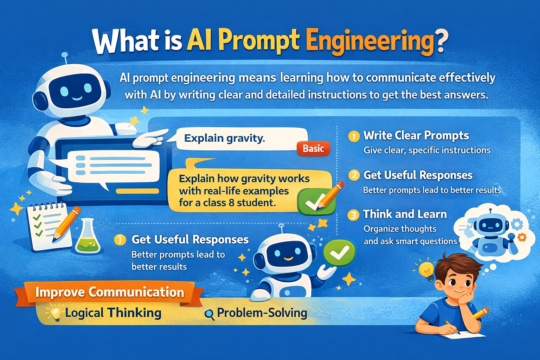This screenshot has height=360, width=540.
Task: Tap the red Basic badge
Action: pos(313,148)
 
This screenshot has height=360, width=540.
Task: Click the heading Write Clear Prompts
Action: pos(416,136)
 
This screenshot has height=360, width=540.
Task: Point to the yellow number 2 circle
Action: pos(354,175)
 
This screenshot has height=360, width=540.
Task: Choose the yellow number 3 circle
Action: pos(353,215)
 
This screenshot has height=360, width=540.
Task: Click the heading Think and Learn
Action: pos(405,214)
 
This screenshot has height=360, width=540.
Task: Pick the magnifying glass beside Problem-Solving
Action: pos(209,315)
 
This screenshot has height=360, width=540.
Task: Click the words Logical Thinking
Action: pos(113,313)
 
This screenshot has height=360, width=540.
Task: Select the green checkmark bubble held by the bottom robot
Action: pos(339,252)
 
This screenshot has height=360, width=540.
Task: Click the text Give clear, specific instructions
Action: pos(427,150)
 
